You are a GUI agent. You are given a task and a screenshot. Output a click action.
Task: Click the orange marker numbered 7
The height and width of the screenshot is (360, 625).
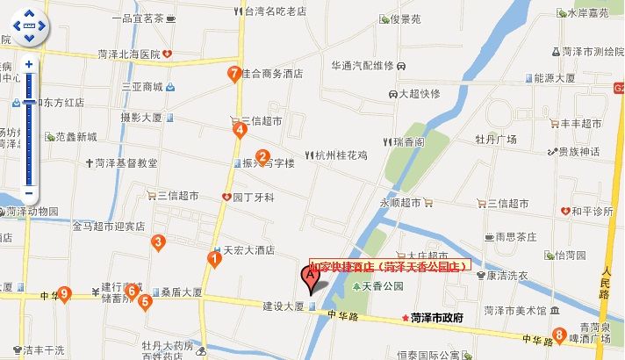coord(233,74)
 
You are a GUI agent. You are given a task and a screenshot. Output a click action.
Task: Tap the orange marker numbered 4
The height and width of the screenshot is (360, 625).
coord(239,130)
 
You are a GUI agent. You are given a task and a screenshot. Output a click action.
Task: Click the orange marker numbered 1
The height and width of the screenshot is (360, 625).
coord(213,257)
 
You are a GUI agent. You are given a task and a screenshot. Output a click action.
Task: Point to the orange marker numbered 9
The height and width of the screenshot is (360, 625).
coord(64,294)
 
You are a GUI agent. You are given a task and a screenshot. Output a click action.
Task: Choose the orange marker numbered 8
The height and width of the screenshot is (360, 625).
coord(559,334)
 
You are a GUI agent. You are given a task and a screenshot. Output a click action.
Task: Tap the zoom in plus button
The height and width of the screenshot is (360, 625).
coord(29,65)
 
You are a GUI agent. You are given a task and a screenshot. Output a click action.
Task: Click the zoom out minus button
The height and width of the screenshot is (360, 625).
coord(29,193)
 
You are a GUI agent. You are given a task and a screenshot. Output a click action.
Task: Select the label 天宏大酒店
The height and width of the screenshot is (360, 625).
coord(249,249)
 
